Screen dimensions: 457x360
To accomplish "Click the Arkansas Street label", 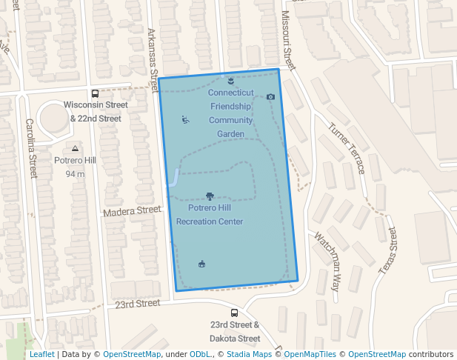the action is (x=153, y=55).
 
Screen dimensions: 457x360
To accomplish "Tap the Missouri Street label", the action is (x=288, y=41).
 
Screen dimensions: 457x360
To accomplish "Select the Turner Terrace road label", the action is (x=348, y=148).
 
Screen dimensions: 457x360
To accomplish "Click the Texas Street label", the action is (x=389, y=251).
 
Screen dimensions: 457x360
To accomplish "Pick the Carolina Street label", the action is (x=30, y=148).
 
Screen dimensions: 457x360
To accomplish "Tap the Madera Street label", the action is (x=132, y=211).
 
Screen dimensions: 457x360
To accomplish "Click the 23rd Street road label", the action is (x=138, y=303).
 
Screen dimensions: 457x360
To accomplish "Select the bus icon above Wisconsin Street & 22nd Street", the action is (x=95, y=93).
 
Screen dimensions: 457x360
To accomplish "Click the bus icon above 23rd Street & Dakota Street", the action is (x=234, y=313).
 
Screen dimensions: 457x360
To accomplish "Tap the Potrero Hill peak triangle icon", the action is (x=74, y=148).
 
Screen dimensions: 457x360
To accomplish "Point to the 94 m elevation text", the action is (x=75, y=174).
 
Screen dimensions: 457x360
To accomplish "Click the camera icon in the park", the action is (x=270, y=97).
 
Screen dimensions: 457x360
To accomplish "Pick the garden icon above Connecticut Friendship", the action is (x=231, y=80).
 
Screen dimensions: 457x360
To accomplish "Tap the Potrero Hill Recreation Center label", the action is (x=210, y=215).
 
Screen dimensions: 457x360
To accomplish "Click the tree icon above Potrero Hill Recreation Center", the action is (x=210, y=196).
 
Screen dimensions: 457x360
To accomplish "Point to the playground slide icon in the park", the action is (x=184, y=119).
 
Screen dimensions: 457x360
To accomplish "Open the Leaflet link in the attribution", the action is (x=41, y=355).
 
